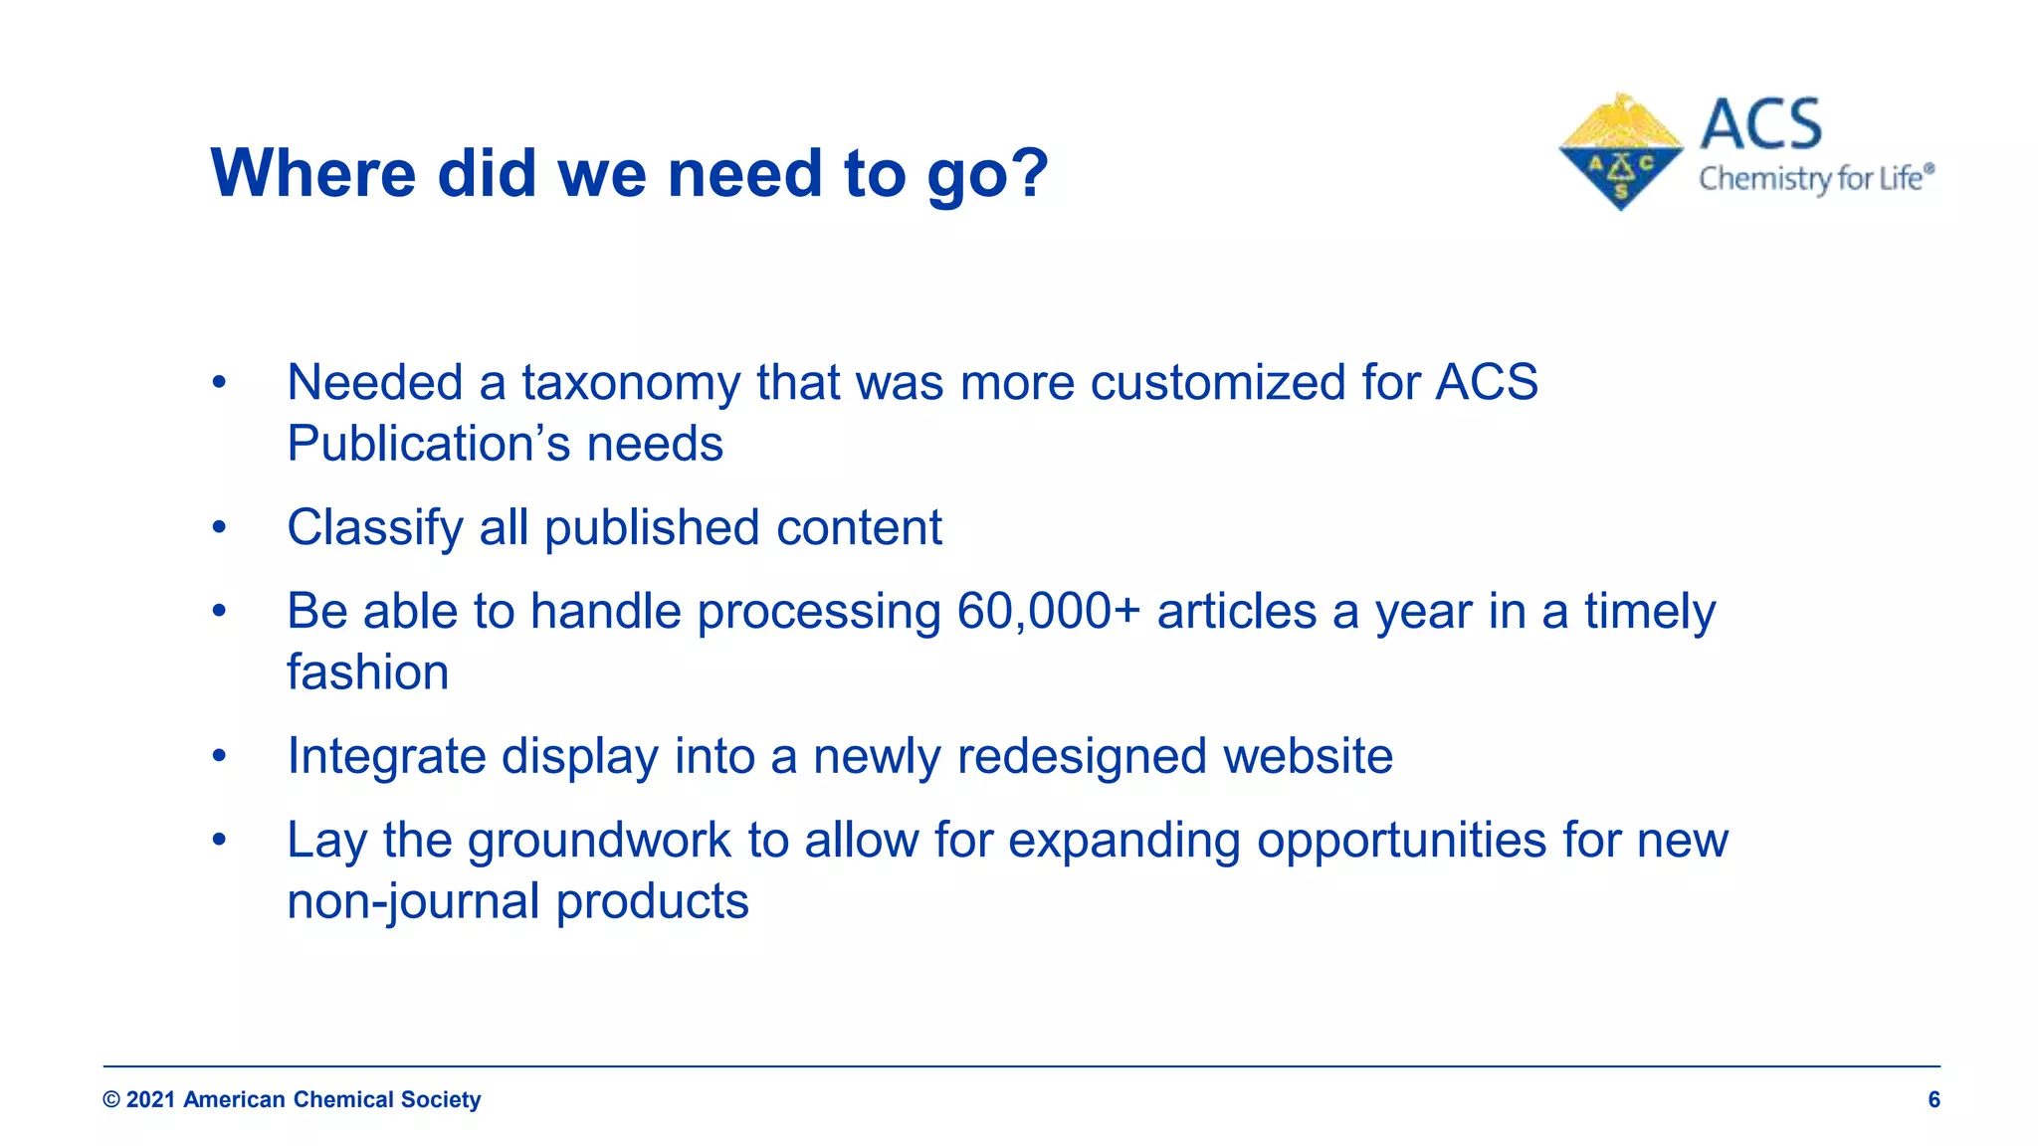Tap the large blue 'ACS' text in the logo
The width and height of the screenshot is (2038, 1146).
[x=1760, y=125]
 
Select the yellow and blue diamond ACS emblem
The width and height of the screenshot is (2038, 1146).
[x=1620, y=152]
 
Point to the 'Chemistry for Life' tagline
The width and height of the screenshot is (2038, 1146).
[x=1815, y=179]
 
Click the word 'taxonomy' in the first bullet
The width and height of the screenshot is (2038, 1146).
[x=631, y=384]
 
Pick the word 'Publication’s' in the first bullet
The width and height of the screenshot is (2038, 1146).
[x=428, y=445]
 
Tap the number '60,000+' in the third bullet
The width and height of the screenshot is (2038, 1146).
[x=1048, y=612]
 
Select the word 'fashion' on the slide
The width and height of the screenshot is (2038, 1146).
[x=367, y=673]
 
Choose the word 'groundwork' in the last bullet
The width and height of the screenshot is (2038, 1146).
[x=599, y=841]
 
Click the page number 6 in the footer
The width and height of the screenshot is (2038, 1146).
[x=1934, y=1099]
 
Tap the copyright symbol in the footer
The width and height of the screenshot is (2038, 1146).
[x=111, y=1100]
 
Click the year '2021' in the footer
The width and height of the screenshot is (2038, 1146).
[x=151, y=1100]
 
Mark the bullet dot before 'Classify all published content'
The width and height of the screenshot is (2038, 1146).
[x=219, y=528]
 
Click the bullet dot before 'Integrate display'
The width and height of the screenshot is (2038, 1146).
[x=219, y=757]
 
